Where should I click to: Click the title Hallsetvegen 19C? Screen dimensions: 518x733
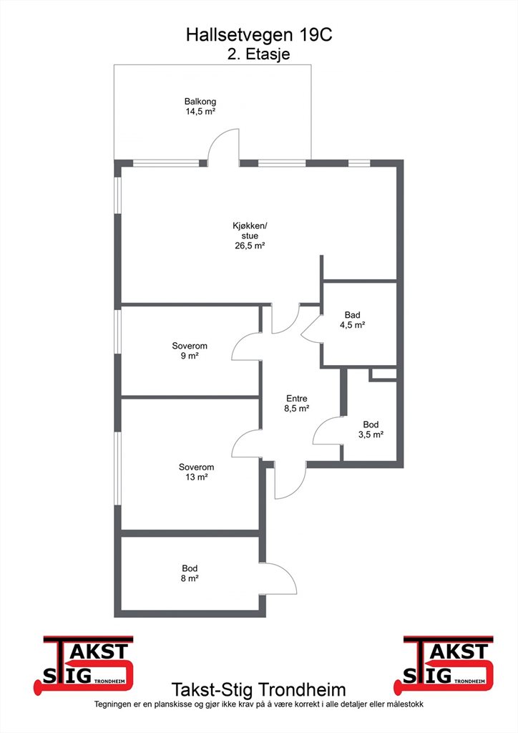point(259,35)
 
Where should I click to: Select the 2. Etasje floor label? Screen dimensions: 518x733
point(259,53)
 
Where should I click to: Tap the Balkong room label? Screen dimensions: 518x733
point(200,101)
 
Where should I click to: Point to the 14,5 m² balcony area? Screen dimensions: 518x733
point(200,111)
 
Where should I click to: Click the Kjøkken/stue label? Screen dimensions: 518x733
point(250,230)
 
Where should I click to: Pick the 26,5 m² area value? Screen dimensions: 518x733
point(250,246)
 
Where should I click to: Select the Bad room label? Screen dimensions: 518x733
point(352,315)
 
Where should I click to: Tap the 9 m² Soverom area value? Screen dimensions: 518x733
point(190,356)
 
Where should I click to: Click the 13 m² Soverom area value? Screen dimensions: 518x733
point(196,477)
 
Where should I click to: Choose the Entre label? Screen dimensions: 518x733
point(297,398)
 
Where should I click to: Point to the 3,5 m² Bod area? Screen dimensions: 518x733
point(371,435)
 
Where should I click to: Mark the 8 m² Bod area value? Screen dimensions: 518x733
point(190,578)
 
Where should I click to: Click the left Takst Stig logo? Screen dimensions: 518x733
point(84,664)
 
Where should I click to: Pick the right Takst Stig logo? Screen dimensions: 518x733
point(444,664)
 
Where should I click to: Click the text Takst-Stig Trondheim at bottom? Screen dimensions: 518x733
point(259,690)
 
